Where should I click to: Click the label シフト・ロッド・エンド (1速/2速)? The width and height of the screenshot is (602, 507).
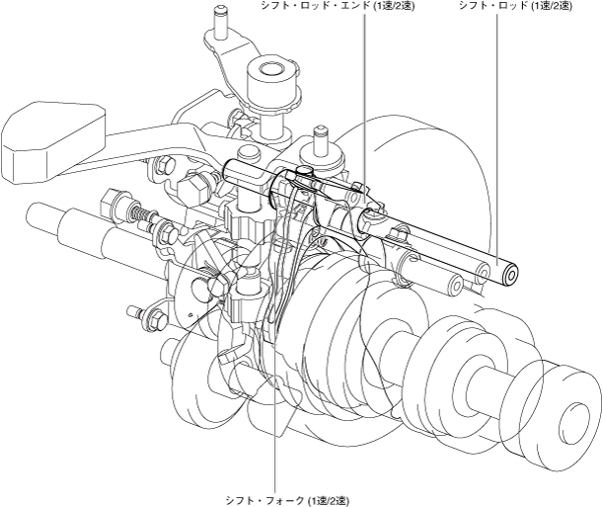click(x=338, y=6)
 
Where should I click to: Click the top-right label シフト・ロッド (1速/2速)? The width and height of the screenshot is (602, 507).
click(x=515, y=6)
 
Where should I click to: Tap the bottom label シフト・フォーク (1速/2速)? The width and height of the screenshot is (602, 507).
click(x=287, y=501)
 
